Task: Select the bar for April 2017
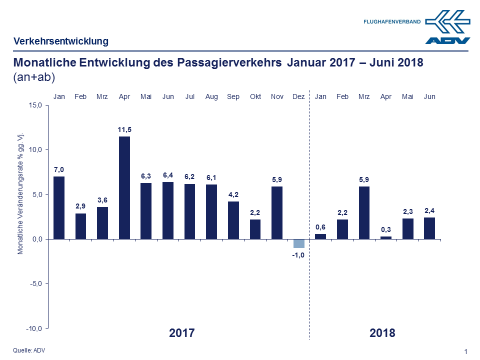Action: pos(124,187)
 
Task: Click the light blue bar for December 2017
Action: pos(299,243)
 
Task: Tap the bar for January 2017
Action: pos(59,207)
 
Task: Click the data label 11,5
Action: pos(124,130)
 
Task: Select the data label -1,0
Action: pos(299,255)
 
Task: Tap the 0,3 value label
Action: pos(386,229)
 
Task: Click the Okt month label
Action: pos(255,96)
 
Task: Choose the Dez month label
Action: pos(298,96)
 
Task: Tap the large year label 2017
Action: pos(181,333)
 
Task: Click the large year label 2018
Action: pos(382,333)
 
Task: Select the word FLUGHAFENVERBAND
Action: pos(392,22)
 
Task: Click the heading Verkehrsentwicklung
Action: pos(61,41)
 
